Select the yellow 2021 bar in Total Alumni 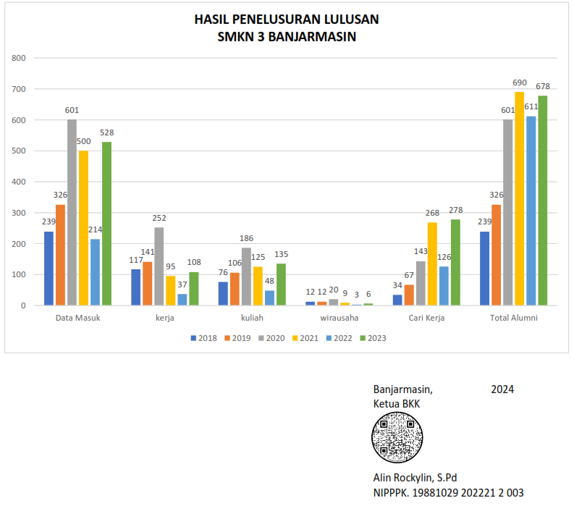pos(519,199)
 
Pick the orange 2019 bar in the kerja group pos(147,284)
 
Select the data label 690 pos(519,83)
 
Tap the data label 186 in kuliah pos(246,240)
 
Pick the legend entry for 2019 pos(238,337)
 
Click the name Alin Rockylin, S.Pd pos(415,478)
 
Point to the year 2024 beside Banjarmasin pos(502,389)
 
